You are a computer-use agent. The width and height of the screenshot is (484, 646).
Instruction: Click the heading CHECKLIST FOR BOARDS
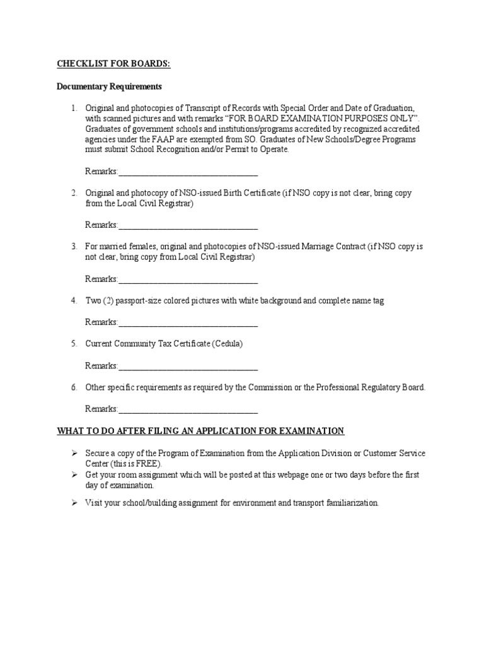click(114, 64)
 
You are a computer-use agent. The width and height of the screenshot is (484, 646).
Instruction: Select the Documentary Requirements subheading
click(110, 86)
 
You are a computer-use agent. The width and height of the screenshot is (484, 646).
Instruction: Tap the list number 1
click(73, 108)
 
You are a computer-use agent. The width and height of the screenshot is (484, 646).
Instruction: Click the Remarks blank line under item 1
click(188, 172)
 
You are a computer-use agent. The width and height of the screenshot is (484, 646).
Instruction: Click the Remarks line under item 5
click(188, 366)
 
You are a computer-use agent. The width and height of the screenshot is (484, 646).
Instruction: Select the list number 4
click(73, 301)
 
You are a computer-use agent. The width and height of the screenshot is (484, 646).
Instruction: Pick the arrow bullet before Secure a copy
click(74, 454)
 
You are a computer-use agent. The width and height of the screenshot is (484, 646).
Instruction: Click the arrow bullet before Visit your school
click(74, 503)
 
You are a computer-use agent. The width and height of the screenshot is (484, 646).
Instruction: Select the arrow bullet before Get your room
click(74, 474)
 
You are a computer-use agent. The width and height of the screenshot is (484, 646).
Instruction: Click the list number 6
click(73, 387)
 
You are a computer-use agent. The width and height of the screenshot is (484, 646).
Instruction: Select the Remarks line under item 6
click(188, 409)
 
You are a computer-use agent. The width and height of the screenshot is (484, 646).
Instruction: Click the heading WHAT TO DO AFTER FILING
click(200, 431)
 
